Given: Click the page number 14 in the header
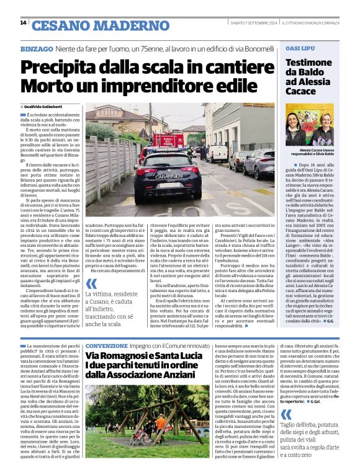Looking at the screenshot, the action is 23,23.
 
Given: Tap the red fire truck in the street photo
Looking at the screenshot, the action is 168,141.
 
